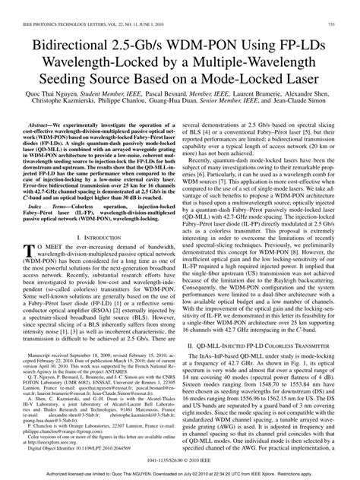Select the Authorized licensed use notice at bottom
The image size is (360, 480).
(x=180, y=475)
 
